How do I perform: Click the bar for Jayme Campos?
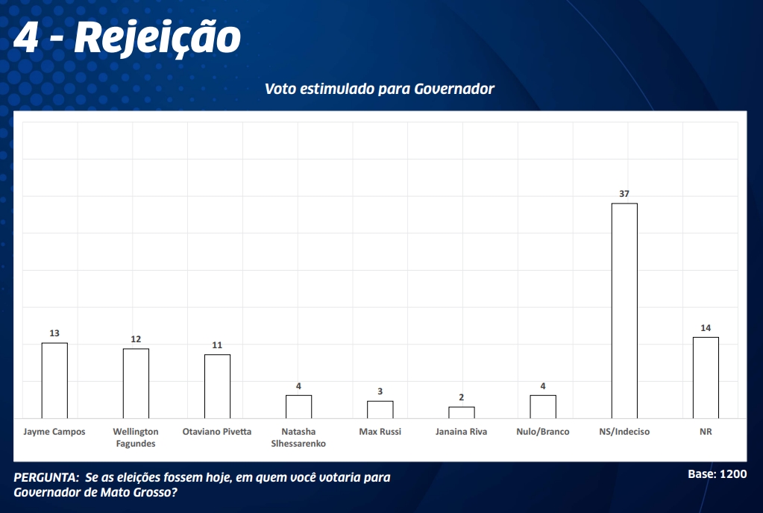coord(54,380)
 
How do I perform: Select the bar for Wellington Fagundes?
coord(136,383)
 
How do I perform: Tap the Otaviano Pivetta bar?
coord(217,386)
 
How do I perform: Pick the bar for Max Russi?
coord(380,409)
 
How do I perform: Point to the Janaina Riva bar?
coord(462,412)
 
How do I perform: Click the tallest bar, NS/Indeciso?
coord(624,310)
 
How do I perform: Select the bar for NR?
coord(706,377)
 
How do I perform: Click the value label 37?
coord(624,194)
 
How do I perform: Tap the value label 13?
coord(54,333)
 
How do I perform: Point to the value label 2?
coord(462,397)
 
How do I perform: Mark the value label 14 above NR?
coord(706,328)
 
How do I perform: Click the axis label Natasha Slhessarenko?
coord(298,438)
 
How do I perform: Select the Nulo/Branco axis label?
coord(543,432)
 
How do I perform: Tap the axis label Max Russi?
coord(380,432)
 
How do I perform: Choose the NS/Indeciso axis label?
coord(624,432)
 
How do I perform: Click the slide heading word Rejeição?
coord(157,37)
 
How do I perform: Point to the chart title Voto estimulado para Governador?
coord(380,89)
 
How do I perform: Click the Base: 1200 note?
coord(717,474)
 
